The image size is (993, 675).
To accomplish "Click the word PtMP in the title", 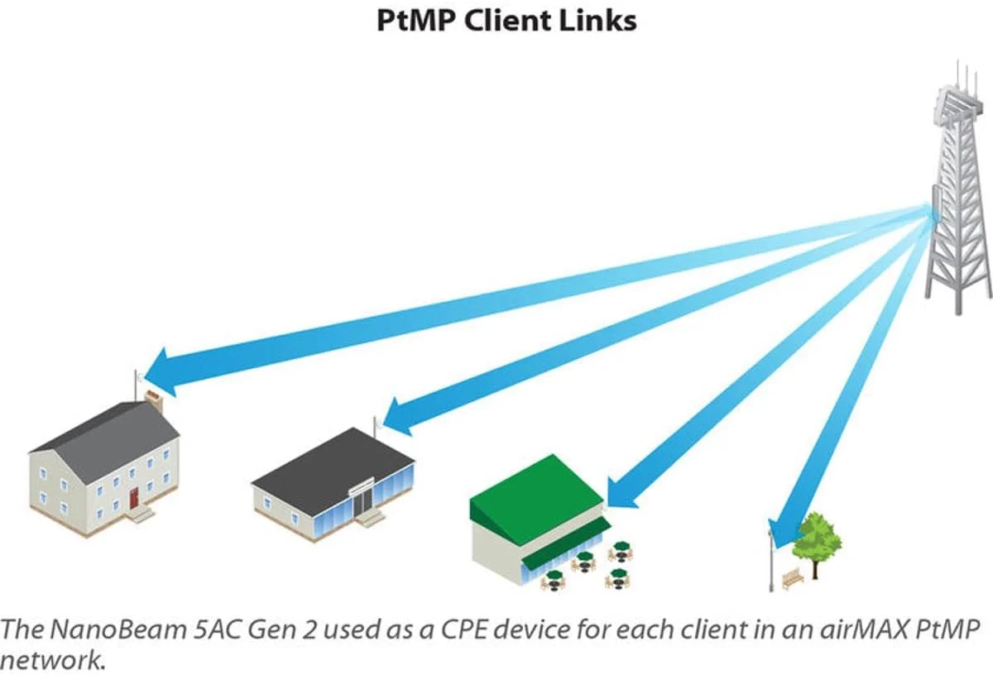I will pyautogui.click(x=415, y=20).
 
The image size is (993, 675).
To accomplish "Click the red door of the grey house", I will pyautogui.click(x=133, y=497).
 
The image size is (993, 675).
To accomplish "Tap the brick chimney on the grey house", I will pyautogui.click(x=154, y=400).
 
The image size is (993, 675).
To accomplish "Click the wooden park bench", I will pyautogui.click(x=792, y=578).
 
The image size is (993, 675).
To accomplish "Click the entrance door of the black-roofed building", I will pyautogui.click(x=361, y=505).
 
